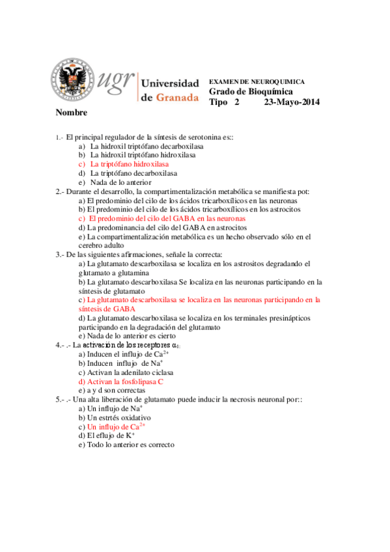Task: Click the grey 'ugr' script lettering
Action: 115,80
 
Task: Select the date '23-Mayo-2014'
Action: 292,102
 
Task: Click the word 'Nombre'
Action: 72,113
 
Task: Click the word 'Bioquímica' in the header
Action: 264,92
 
